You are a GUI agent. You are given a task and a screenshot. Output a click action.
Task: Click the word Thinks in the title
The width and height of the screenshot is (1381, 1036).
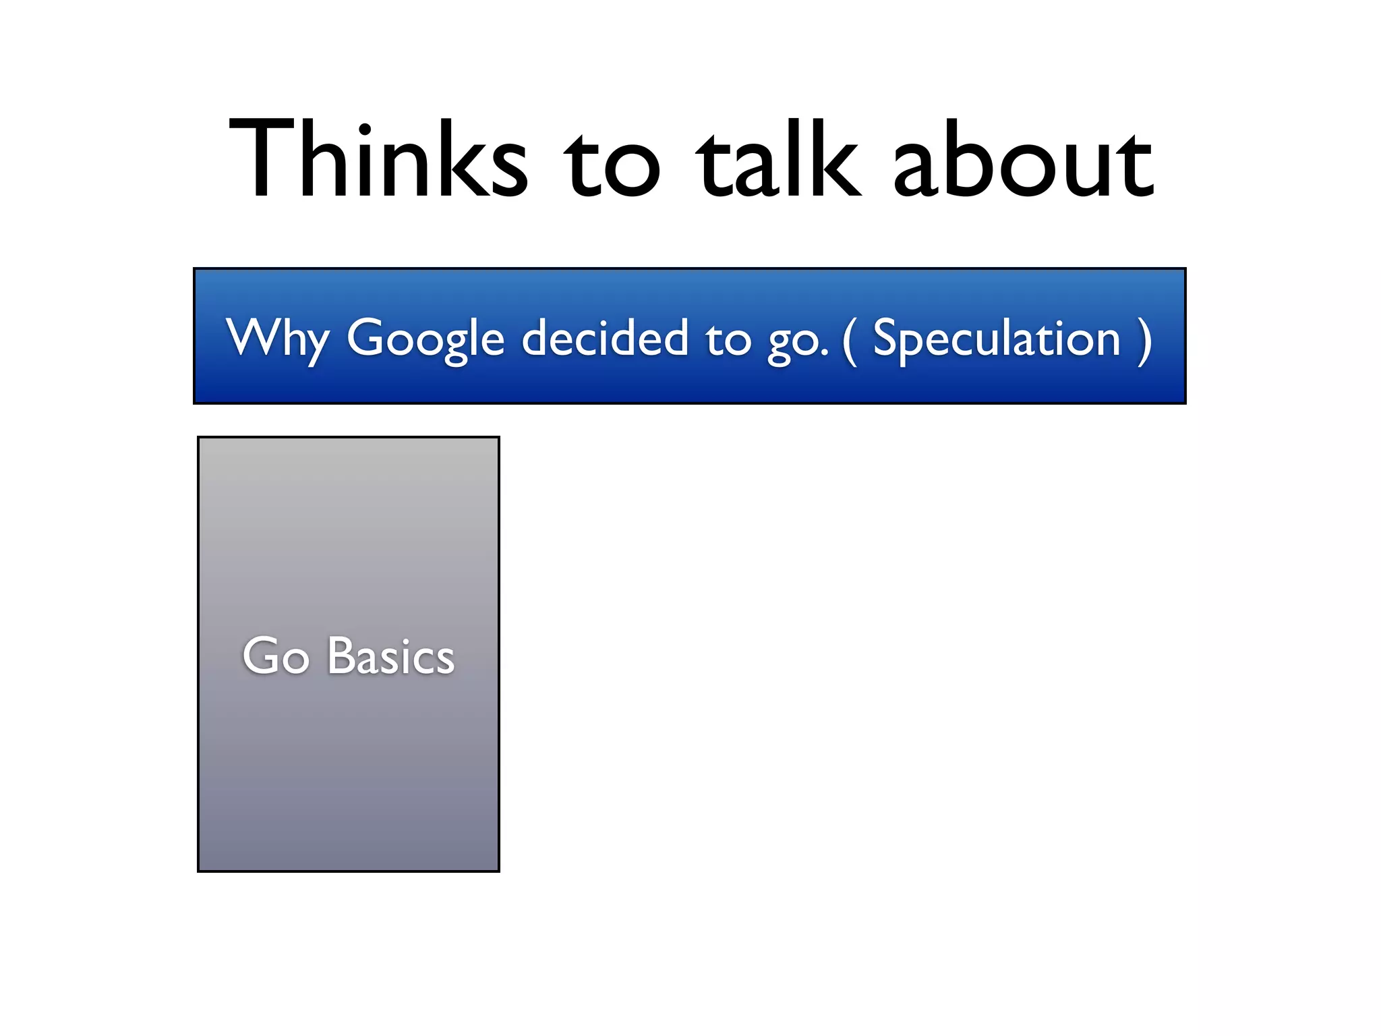point(378,160)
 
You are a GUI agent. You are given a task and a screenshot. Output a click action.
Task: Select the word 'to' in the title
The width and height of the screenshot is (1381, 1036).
point(611,165)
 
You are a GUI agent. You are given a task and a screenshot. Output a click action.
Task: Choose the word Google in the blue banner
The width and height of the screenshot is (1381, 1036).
point(425,339)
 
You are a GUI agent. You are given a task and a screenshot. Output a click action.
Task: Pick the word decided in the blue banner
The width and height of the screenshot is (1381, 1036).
point(604,337)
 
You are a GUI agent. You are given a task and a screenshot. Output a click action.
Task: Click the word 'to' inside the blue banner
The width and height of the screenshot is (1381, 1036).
point(728,339)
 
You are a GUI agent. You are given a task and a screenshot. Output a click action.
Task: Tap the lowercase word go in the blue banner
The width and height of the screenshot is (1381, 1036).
point(793,343)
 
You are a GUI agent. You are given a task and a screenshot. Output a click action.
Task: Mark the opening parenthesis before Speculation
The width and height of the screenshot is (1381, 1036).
point(850,341)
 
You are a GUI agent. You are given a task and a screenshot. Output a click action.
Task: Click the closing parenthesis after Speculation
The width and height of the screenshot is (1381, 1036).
point(1144,341)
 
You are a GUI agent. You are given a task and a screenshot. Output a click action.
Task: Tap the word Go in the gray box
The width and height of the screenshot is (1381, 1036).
point(276,656)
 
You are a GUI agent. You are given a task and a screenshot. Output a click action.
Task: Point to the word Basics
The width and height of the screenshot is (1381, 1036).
point(391,656)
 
